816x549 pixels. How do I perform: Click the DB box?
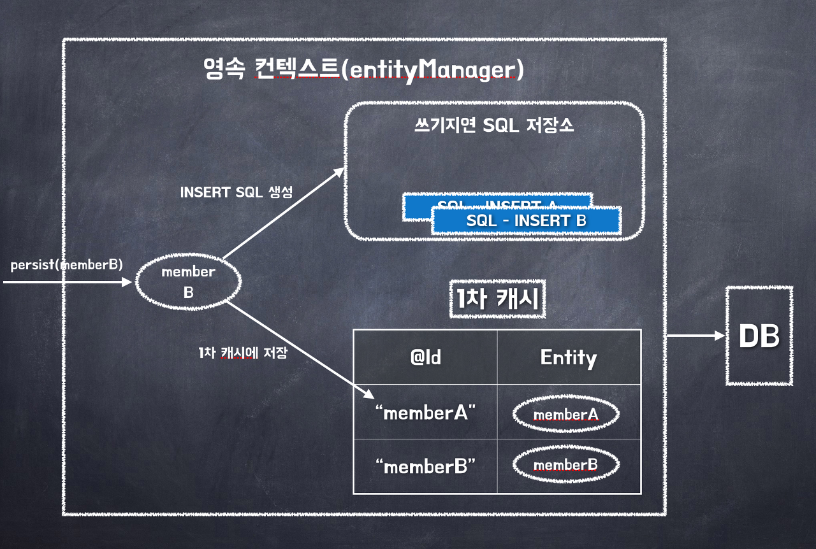coord(759,336)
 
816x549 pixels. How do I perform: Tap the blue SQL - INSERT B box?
coord(526,221)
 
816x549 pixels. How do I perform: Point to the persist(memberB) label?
coord(66,265)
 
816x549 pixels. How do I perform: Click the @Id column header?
coord(425,357)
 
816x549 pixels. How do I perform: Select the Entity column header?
coord(569,357)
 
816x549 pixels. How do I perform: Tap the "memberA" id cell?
coord(425,413)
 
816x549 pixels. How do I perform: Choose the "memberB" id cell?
coord(425,466)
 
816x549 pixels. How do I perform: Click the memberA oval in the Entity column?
coord(566,415)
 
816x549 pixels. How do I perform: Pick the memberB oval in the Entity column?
coord(566,466)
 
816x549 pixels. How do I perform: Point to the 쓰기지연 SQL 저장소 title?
coord(494,125)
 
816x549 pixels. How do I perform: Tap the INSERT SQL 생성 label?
coord(236,192)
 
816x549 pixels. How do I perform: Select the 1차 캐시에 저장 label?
coord(243,353)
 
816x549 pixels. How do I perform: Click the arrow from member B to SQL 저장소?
coord(284,213)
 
